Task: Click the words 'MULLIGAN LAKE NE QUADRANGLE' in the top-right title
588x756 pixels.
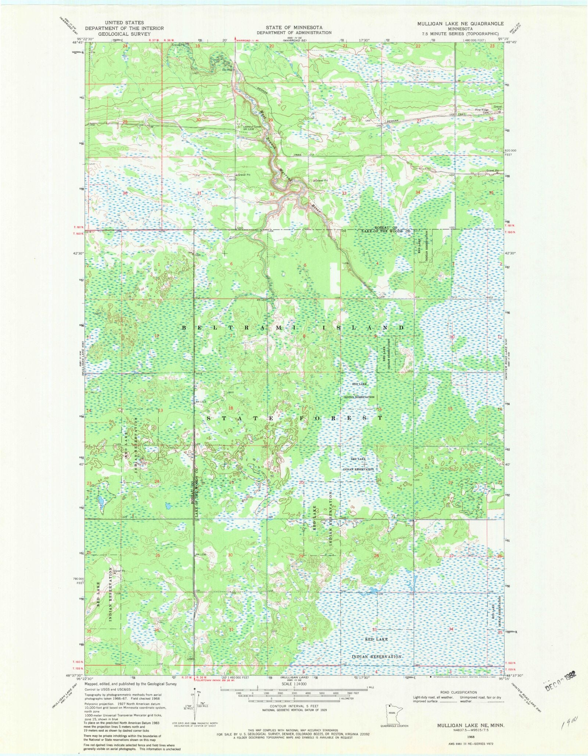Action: coord(460,24)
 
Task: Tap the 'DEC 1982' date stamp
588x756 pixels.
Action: coord(559,685)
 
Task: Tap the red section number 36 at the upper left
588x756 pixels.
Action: coord(125,193)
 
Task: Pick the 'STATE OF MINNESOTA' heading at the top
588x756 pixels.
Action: coord(294,27)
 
